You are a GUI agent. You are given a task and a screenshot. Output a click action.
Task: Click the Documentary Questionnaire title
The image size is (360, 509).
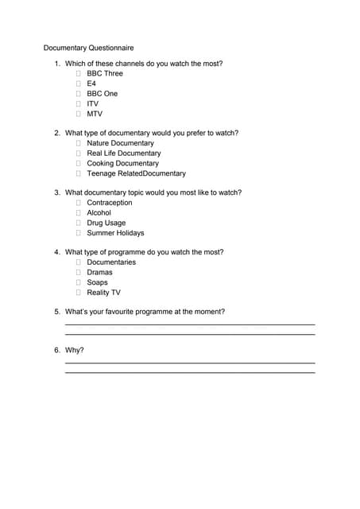click(88, 48)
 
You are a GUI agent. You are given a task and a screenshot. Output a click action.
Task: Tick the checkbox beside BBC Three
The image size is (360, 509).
click(79, 73)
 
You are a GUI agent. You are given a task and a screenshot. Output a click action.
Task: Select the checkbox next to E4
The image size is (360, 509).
click(79, 84)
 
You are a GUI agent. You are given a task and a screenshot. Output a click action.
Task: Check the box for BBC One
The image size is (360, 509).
click(79, 94)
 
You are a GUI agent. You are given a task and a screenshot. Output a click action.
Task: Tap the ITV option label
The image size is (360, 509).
click(93, 103)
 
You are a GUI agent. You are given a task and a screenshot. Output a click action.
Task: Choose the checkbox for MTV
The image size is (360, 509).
click(79, 114)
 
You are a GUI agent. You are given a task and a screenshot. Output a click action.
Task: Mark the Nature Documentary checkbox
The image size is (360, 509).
click(79, 143)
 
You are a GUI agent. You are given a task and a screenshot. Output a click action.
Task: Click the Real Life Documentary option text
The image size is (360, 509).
click(123, 153)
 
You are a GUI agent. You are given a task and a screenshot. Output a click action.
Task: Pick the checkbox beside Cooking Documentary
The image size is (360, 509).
click(79, 163)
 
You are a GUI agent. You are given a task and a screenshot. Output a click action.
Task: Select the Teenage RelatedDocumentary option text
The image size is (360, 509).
click(136, 173)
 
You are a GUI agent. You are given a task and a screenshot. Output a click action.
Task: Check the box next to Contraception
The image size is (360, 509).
click(79, 203)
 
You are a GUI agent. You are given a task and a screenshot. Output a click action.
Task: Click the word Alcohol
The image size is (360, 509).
click(99, 212)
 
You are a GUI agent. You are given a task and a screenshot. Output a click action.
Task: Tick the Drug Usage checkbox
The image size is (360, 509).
click(79, 223)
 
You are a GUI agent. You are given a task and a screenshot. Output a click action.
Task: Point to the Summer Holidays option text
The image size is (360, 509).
click(115, 233)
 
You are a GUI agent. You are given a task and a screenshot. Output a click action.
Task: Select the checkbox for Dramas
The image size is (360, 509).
click(79, 272)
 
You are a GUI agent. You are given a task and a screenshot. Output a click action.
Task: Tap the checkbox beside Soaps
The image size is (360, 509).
click(79, 282)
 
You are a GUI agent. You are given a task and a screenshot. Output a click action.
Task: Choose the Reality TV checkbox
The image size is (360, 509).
click(79, 293)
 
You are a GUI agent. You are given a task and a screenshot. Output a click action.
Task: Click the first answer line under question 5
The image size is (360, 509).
click(189, 324)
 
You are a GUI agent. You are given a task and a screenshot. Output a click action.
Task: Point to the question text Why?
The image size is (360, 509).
click(74, 350)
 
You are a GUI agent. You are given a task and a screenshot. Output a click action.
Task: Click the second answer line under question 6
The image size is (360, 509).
click(189, 372)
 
